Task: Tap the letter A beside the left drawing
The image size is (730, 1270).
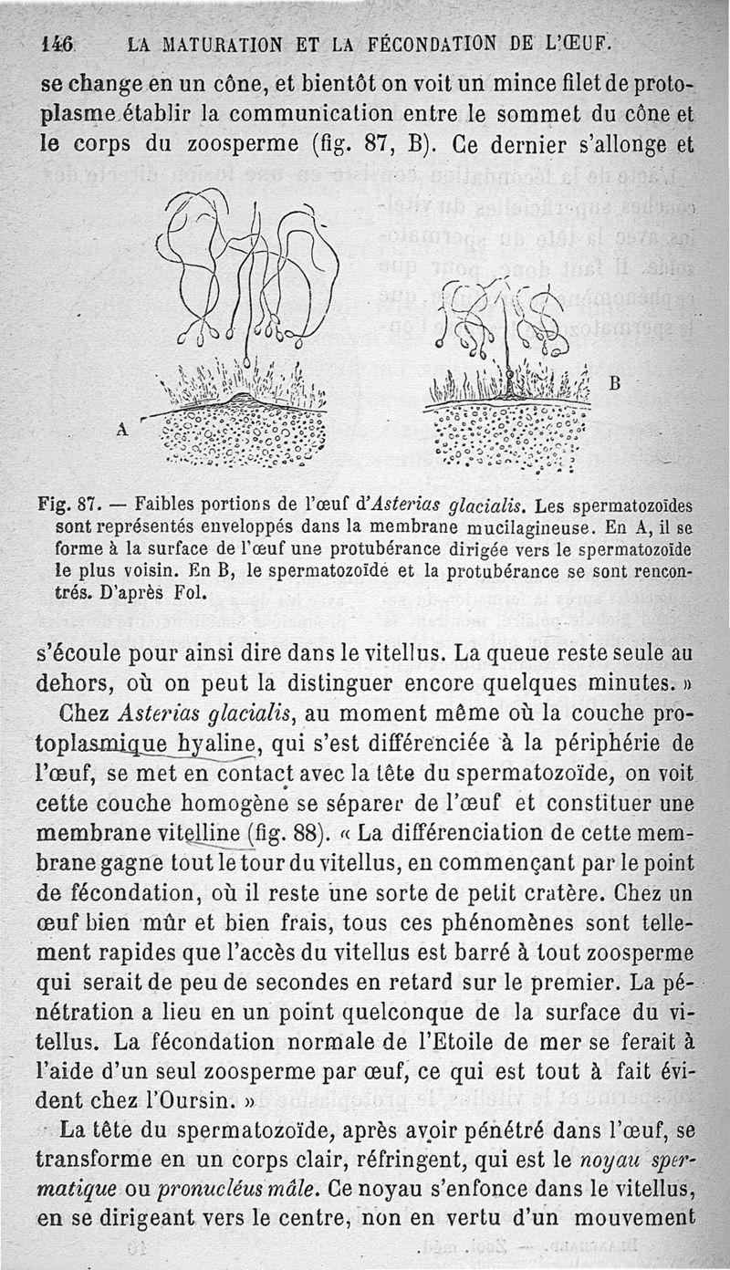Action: (121, 427)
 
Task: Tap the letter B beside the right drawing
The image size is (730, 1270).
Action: (615, 384)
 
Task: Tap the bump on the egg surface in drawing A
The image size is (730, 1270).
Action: (239, 398)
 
